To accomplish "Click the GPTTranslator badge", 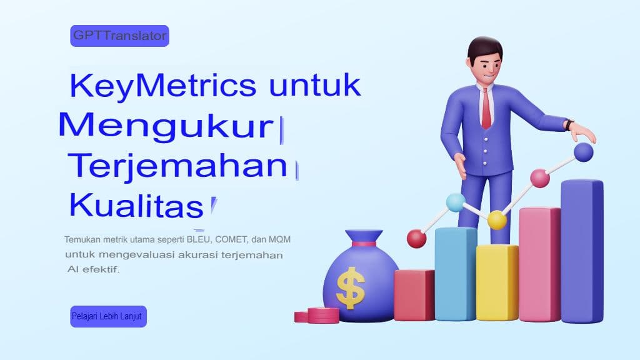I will (x=119, y=36).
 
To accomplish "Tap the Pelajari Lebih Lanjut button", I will (x=108, y=316).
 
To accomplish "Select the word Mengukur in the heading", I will (x=166, y=126).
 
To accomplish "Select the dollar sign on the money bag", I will (x=350, y=287).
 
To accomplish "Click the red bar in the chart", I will (x=414, y=295).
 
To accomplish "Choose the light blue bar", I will (x=455, y=275).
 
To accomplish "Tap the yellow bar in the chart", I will (x=497, y=282).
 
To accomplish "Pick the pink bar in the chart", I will (x=539, y=264).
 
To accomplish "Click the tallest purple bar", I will (x=581, y=250).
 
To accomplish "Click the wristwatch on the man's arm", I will (x=569, y=124).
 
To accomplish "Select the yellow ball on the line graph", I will (x=497, y=220).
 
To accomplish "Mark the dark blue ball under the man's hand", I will (x=583, y=152).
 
